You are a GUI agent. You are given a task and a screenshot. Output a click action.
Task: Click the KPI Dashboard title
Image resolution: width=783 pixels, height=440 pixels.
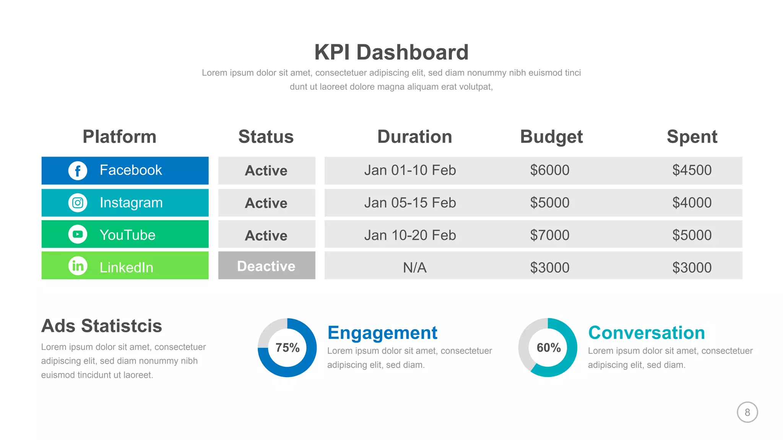[x=391, y=52]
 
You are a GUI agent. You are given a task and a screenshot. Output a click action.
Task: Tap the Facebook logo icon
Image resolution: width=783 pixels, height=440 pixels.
[x=78, y=170]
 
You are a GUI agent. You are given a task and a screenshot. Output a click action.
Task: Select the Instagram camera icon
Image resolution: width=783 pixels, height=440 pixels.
[x=78, y=203]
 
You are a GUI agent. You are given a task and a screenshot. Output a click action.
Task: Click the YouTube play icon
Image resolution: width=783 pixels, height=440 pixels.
[x=78, y=234]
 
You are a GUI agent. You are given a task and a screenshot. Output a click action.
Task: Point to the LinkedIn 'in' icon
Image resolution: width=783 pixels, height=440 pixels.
[x=78, y=265]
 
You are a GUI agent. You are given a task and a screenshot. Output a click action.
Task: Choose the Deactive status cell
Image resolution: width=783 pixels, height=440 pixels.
[x=266, y=266]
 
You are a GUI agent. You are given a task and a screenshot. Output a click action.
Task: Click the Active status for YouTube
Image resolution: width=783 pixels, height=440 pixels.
[x=266, y=235]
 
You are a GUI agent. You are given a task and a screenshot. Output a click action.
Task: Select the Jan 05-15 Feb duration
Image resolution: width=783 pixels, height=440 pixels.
[x=410, y=203]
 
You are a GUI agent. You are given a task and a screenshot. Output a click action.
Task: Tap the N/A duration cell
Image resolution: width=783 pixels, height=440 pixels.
[x=414, y=267]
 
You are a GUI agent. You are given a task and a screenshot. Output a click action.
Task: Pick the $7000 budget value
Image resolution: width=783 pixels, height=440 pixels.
[x=549, y=235]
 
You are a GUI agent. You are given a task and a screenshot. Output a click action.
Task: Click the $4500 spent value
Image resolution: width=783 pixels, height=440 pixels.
[x=692, y=170]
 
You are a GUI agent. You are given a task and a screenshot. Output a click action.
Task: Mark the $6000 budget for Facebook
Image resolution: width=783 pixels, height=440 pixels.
[x=549, y=170]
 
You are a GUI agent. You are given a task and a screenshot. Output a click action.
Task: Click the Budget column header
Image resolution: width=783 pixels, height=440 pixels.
[x=551, y=137]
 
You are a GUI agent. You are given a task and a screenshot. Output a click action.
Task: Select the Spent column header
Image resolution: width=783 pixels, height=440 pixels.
[x=692, y=137]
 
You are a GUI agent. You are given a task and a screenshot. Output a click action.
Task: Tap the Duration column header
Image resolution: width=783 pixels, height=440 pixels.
[x=414, y=137]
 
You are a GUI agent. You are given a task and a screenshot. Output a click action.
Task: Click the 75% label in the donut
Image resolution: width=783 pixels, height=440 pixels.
[x=288, y=348]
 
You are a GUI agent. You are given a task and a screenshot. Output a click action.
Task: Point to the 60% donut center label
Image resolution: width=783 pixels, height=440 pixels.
[x=548, y=348]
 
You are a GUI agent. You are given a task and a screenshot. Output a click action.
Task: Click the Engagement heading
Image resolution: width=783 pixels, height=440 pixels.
[x=382, y=333]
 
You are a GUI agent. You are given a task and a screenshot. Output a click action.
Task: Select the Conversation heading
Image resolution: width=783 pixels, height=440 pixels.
[x=647, y=333]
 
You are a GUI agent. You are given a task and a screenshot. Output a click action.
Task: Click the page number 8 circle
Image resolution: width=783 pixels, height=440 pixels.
[x=747, y=412]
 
